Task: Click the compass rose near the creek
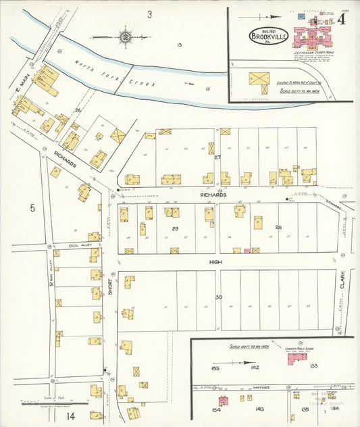tap(125, 36)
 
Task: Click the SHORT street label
tap(110, 288)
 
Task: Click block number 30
tap(218, 297)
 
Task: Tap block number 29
tap(176, 229)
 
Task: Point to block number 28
tap(278, 227)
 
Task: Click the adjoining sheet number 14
tap(71, 416)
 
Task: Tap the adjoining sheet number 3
tap(149, 14)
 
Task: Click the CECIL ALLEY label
tap(70, 245)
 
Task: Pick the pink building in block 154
tap(224, 401)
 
